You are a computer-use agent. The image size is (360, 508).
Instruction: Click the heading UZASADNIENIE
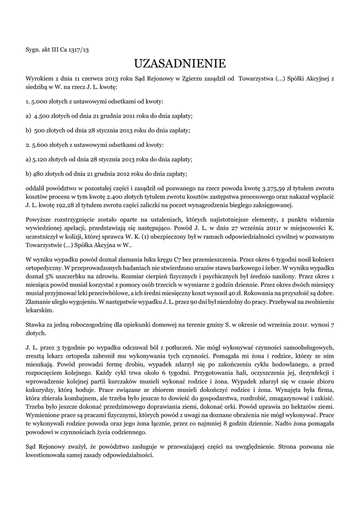(x=180, y=63)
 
